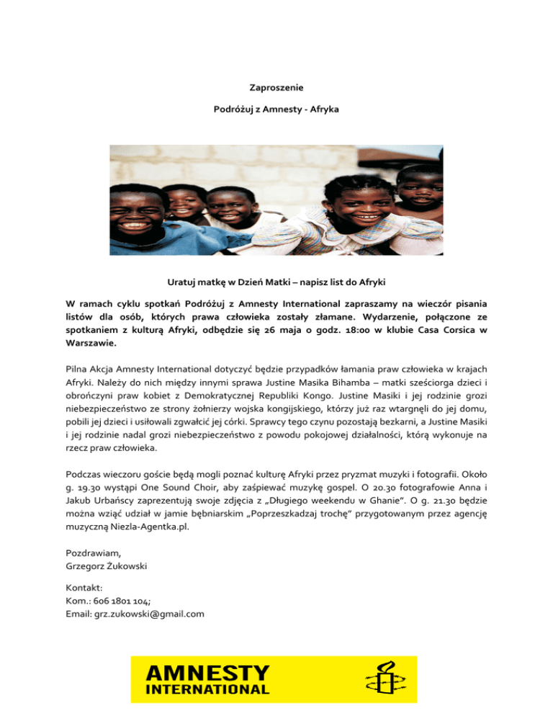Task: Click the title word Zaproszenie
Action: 276,88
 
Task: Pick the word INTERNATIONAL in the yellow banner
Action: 209,689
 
